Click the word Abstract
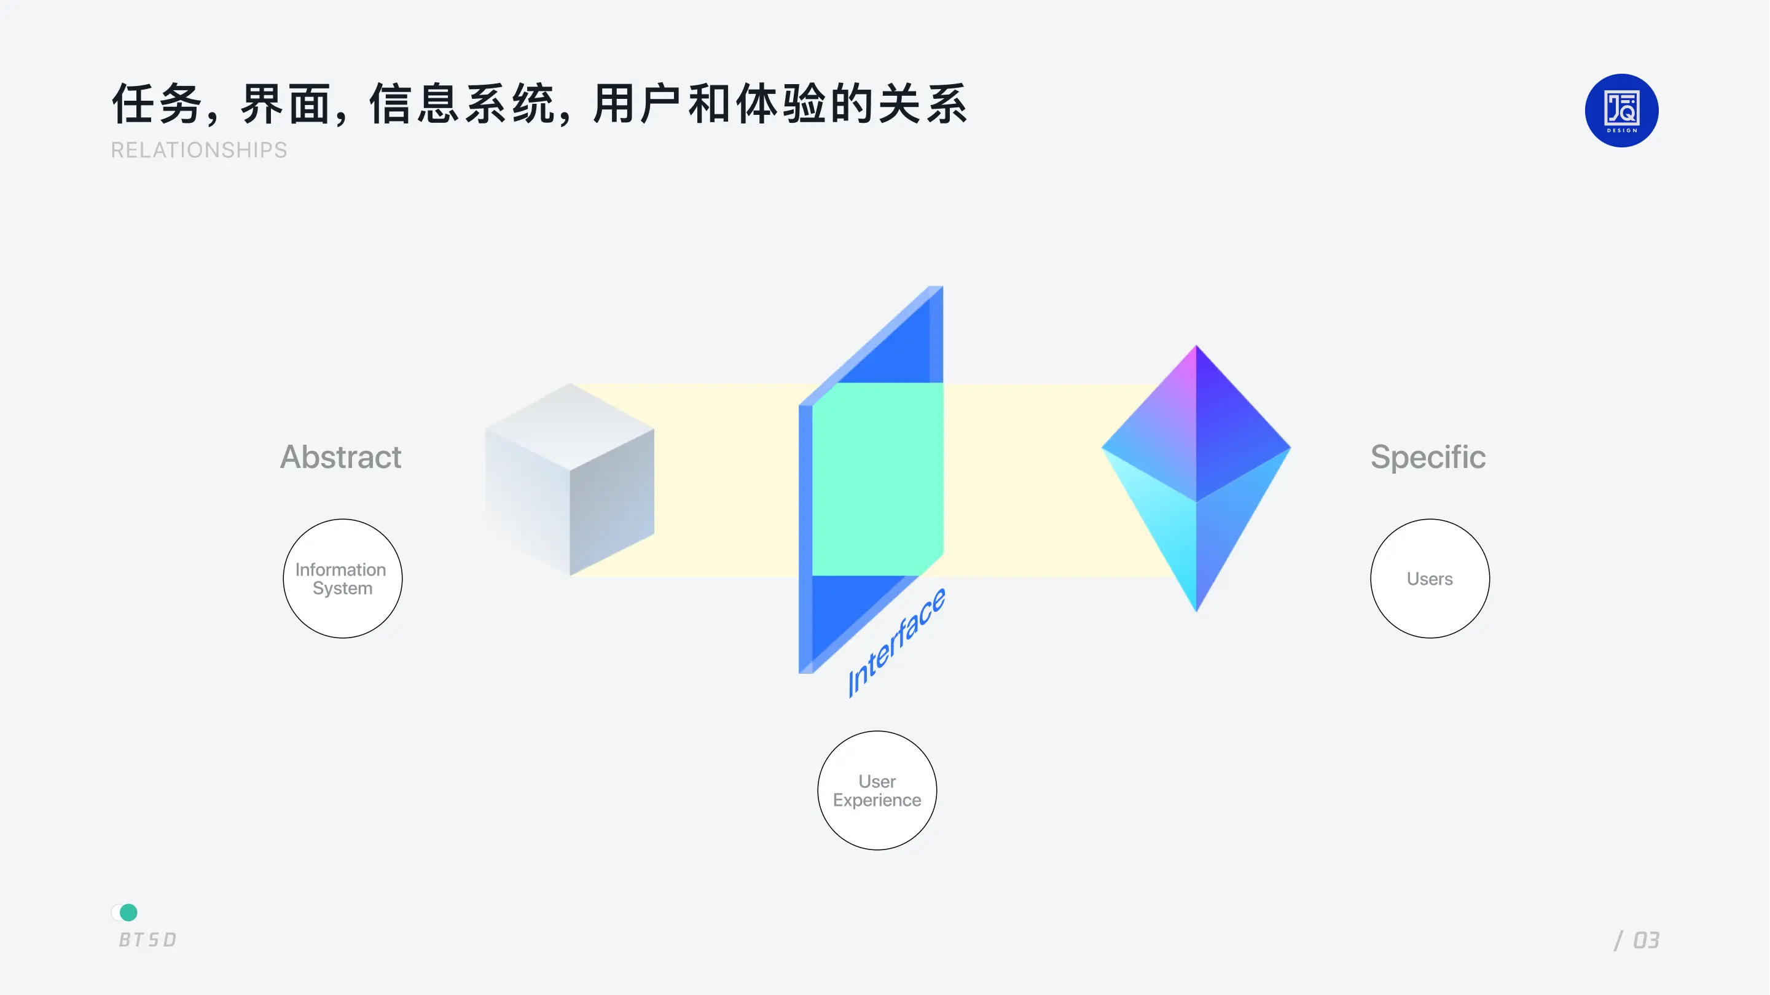340,457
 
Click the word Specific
1428,457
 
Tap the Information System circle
342,579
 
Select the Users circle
1430,579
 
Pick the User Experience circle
877,790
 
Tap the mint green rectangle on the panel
877,479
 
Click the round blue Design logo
1621,111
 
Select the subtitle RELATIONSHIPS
199,150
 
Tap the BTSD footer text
147,939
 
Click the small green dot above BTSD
128,912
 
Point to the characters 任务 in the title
157,104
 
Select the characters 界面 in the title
285,104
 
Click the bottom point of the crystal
1196,605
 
